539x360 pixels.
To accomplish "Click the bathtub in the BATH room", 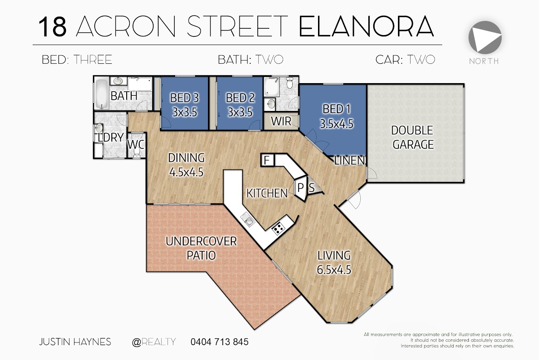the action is pyautogui.click(x=102, y=93).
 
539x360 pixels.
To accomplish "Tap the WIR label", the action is pyautogui.click(x=281, y=121).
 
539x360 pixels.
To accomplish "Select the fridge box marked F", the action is pyautogui.click(x=267, y=160).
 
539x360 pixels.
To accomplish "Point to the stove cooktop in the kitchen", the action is pyautogui.click(x=278, y=228).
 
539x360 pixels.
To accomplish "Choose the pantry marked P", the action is pyautogui.click(x=300, y=188).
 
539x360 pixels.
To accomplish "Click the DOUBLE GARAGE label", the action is pyautogui.click(x=413, y=137).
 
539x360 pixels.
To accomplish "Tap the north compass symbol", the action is pyautogui.click(x=485, y=38).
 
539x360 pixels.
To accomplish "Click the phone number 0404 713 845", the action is pyautogui.click(x=220, y=342).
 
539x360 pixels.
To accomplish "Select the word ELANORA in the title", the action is pyautogui.click(x=366, y=27).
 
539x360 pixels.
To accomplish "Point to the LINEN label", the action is pyautogui.click(x=349, y=160).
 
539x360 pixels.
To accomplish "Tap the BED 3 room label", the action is pyautogui.click(x=185, y=98).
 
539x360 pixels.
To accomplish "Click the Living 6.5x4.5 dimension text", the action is pyautogui.click(x=334, y=270).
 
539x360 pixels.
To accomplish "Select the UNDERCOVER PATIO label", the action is pyautogui.click(x=201, y=248).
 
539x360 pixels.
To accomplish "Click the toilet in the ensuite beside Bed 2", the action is pyautogui.click(x=290, y=83).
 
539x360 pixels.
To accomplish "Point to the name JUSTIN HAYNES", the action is pyautogui.click(x=75, y=342).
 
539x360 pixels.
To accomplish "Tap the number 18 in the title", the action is pyautogui.click(x=53, y=27).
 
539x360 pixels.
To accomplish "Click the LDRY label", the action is pyautogui.click(x=111, y=138).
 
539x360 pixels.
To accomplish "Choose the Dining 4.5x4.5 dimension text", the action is pyautogui.click(x=186, y=172).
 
